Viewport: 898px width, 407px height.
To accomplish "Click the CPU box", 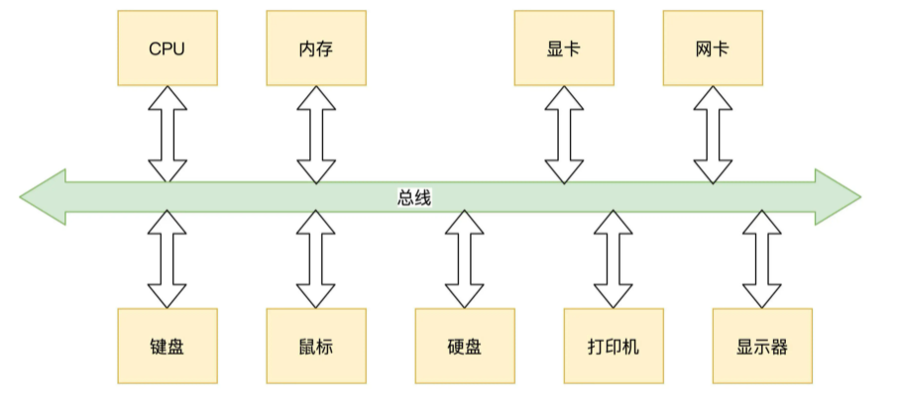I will pyautogui.click(x=167, y=49).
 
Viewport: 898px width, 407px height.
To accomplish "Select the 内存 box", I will pyautogui.click(x=315, y=49).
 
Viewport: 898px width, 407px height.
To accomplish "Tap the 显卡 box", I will pyautogui.click(x=563, y=49).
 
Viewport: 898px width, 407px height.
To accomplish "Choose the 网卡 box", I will pyautogui.click(x=712, y=49).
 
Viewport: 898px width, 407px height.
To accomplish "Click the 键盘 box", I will pyautogui.click(x=167, y=346).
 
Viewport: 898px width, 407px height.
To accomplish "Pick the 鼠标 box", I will pyautogui.click(x=315, y=346).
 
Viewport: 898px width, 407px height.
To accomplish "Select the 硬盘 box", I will pyautogui.click(x=464, y=346).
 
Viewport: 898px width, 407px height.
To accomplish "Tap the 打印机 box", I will pyautogui.click(x=613, y=346).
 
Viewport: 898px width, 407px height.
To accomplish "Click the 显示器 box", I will pyautogui.click(x=761, y=346).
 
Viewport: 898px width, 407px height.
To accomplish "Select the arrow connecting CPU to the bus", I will pyautogui.click(x=167, y=134).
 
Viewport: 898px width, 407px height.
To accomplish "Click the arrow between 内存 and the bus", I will pyautogui.click(x=315, y=134).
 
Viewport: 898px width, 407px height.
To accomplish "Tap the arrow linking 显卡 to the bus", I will pyautogui.click(x=563, y=134).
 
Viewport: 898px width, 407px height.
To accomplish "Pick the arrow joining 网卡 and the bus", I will pyautogui.click(x=712, y=134).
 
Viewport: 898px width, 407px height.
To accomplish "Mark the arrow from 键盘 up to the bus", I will pyautogui.click(x=167, y=258).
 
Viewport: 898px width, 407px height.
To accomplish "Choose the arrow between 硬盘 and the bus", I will pyautogui.click(x=464, y=258).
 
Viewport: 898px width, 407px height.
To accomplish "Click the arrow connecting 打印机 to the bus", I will pyautogui.click(x=613, y=258).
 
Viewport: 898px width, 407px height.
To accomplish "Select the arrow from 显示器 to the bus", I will pyautogui.click(x=761, y=258).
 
